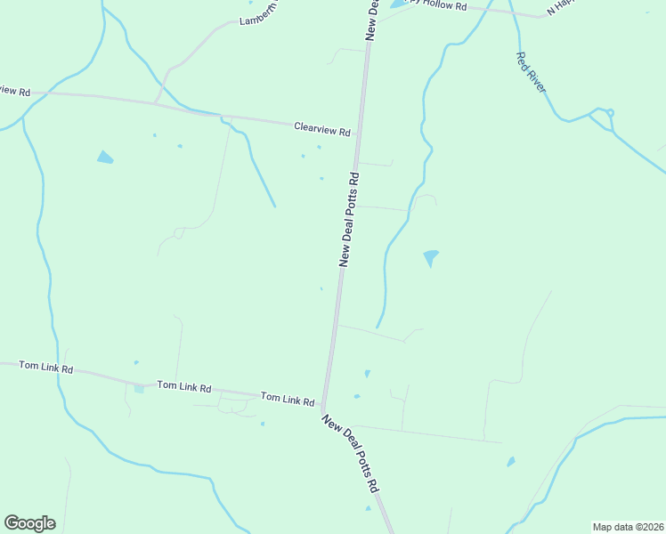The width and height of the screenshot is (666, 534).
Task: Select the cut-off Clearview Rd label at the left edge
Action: pos(15,91)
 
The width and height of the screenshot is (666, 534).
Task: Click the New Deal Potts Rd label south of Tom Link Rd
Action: pos(351,455)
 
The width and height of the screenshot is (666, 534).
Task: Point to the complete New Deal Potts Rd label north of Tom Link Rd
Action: pos(349,219)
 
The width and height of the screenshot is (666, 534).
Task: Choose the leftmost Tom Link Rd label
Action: pos(45,367)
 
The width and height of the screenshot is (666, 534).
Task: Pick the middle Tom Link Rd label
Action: pos(183,387)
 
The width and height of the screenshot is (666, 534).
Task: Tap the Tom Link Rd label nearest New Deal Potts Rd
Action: pos(287,400)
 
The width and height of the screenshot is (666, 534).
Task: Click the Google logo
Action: pos(29,523)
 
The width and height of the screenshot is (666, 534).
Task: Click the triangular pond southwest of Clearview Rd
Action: pos(105,158)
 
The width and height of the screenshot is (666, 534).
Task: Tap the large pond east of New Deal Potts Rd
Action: pos(431,257)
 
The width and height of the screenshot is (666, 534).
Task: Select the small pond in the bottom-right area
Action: pos(510,462)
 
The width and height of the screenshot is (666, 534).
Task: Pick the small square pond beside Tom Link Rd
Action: pos(138,388)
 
